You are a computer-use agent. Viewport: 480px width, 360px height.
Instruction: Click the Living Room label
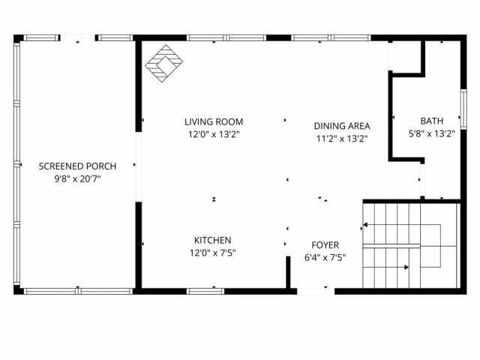[x=214, y=121]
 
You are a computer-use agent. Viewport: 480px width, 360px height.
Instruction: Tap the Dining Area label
[x=342, y=126]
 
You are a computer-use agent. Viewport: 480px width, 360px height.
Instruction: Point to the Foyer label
[x=325, y=245]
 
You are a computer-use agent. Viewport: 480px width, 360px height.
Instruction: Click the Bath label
[x=431, y=120]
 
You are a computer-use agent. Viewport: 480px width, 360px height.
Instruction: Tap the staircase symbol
[x=409, y=245]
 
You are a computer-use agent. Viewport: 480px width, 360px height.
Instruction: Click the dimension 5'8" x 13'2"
[x=431, y=133]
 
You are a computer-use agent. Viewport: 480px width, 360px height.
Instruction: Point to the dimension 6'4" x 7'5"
[x=325, y=258]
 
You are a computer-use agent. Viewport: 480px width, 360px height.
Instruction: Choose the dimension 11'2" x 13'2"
[x=342, y=138]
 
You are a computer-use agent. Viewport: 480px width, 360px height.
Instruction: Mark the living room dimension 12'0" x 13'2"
[x=214, y=135]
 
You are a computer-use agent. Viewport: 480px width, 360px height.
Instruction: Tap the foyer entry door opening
[x=316, y=290]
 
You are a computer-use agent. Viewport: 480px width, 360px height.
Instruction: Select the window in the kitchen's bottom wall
[x=205, y=290]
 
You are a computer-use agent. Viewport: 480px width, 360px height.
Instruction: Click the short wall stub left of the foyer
[x=289, y=272]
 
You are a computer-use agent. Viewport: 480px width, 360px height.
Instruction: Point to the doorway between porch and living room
[x=137, y=166]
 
